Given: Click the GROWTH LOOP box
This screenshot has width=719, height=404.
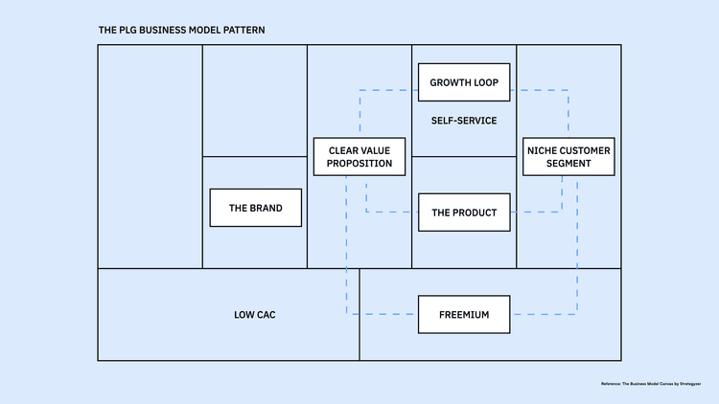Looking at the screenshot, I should [464, 82].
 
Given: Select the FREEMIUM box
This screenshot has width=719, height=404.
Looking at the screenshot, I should [464, 314].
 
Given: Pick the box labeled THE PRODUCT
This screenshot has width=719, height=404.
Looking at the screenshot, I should [464, 213].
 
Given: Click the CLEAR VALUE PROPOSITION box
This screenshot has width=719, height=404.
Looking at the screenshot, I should [359, 157].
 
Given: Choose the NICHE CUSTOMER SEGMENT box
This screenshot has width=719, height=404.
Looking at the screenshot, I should [568, 157].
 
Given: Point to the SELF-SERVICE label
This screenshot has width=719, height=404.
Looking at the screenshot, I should [464, 121].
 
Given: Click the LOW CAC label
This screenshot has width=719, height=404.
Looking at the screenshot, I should [254, 314].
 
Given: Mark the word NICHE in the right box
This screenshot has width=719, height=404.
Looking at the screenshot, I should [544, 150].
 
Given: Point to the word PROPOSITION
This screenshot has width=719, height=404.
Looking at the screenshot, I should [359, 164].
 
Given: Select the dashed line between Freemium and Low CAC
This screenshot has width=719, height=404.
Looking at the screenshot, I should [383, 314].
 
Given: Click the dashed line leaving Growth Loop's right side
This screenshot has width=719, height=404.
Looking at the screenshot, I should [539, 91].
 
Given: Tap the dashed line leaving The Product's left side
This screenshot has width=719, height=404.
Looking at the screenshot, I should [393, 212].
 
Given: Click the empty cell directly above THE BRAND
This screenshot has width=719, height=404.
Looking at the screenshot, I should [254, 101].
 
